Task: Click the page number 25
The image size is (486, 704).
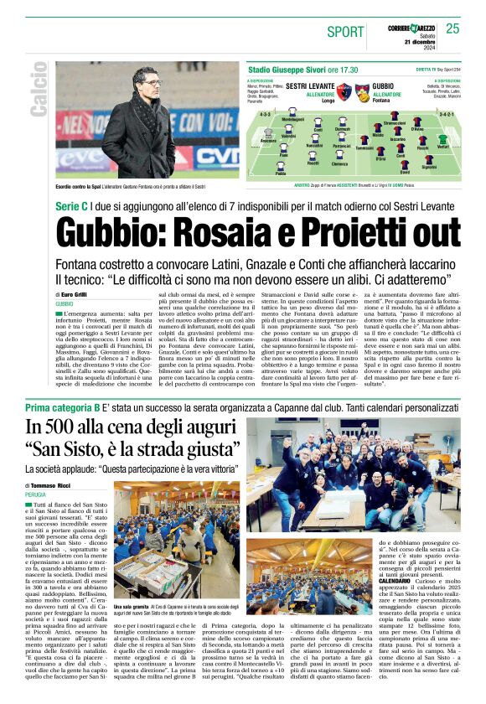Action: [452, 28]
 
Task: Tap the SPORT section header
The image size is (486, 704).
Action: [345, 32]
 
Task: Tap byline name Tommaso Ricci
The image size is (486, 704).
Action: [51, 486]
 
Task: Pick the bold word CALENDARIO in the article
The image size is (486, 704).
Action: [370, 580]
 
